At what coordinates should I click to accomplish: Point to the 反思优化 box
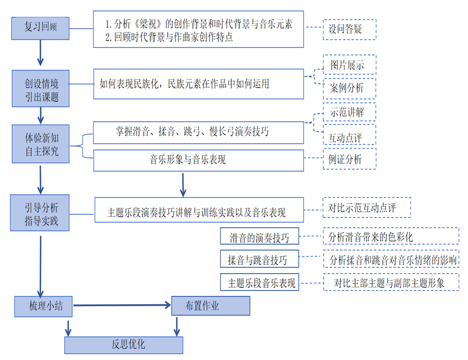pos(124,345)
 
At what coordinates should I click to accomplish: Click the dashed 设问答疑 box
pos(349,30)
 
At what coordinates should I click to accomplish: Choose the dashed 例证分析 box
pos(349,159)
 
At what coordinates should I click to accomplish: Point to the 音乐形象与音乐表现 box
pos(199,160)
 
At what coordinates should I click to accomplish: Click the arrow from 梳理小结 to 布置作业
pos(121,305)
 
